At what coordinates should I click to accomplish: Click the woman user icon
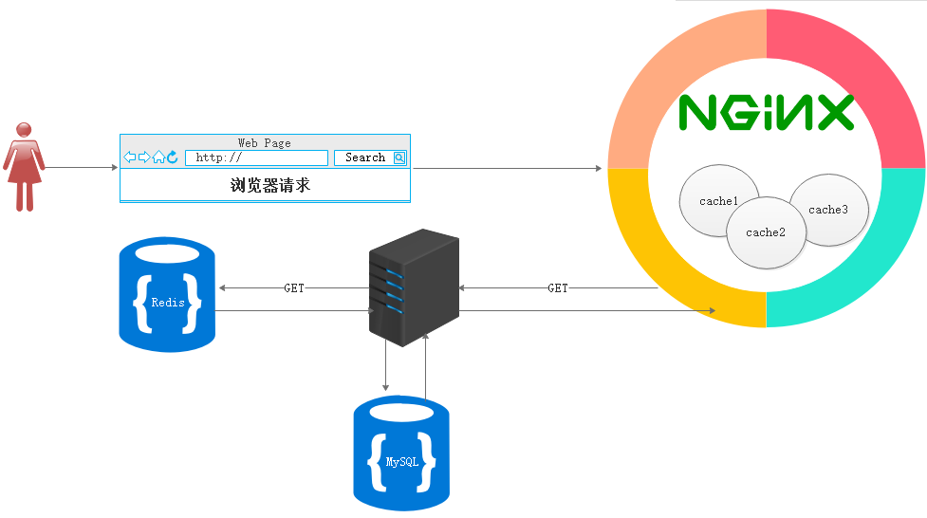24,166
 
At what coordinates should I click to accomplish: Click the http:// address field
256,157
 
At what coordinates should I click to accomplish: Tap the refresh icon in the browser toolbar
173,157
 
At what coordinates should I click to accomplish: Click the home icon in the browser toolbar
158,157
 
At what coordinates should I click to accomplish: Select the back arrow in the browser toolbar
130,157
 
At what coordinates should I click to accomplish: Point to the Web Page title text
265,142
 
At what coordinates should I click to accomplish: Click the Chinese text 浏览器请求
270,185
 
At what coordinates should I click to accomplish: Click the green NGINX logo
767,113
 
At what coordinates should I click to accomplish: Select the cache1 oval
718,200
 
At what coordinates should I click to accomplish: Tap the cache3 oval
828,210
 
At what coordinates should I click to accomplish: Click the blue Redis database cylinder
167,295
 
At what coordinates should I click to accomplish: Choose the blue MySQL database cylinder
401,454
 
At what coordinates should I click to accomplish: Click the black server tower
413,287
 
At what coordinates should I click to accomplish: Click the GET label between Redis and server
294,287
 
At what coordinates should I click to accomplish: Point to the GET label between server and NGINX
558,287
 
